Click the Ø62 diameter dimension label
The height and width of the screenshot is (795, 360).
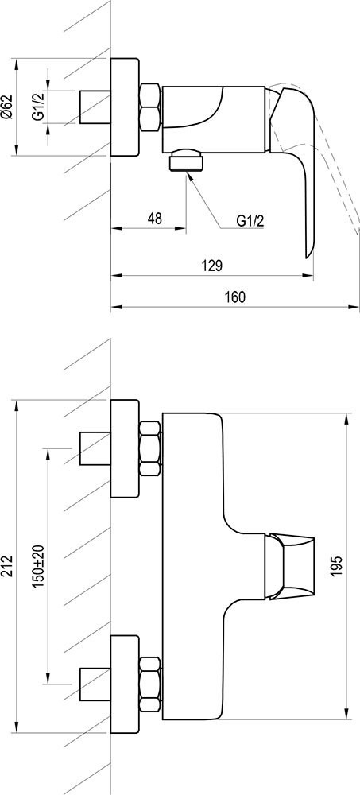pos(8,107)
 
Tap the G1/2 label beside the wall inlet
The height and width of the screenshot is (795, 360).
pos(38,107)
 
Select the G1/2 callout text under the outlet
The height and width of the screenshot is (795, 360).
pos(250,220)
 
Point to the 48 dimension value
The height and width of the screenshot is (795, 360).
pos(155,219)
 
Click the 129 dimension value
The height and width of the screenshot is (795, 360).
pos(212,266)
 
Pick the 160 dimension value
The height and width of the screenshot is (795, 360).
pos(235,297)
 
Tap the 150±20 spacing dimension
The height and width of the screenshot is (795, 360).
pos(39,566)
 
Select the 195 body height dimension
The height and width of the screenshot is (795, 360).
pos(339,566)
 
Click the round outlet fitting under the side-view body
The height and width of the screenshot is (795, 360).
pos(188,161)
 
